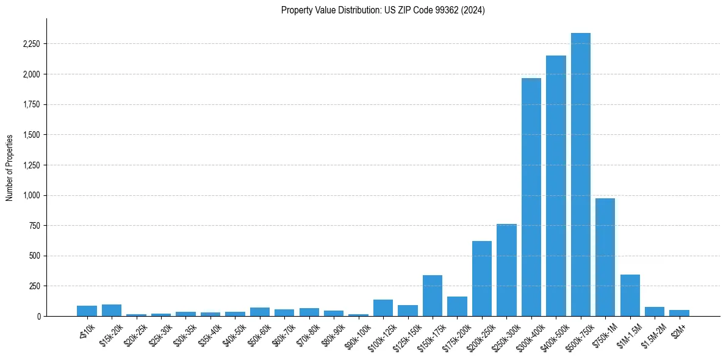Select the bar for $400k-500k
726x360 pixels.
click(556, 186)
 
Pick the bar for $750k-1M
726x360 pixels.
click(605, 257)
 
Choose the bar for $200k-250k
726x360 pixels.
click(482, 278)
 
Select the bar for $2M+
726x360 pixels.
click(679, 313)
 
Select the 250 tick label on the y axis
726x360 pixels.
click(35, 286)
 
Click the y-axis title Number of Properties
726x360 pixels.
click(10, 167)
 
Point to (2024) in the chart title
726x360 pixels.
click(473, 10)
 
